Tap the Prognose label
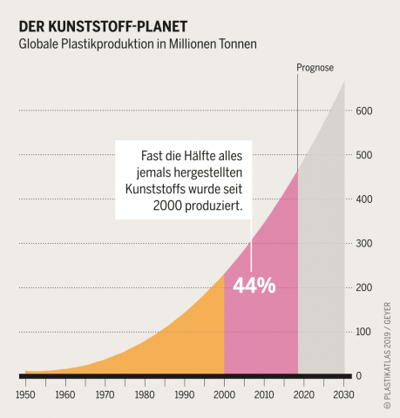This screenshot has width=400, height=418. (x=315, y=67)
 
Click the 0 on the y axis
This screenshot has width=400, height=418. (x=370, y=376)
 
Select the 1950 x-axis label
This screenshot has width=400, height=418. (x=25, y=394)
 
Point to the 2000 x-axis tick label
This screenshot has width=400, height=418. (x=224, y=394)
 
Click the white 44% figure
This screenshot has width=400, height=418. (x=254, y=286)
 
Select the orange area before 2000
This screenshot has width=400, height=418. (x=174, y=340)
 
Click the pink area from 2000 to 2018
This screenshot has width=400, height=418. (x=261, y=331)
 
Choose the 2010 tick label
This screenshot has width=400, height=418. (x=264, y=394)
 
